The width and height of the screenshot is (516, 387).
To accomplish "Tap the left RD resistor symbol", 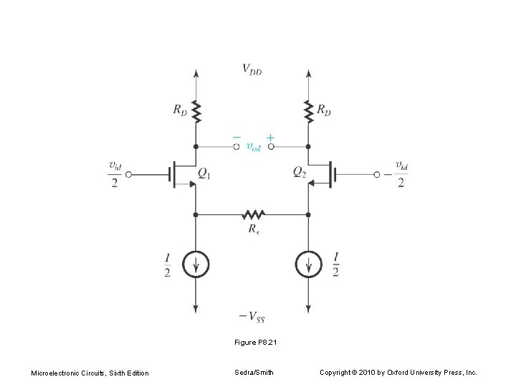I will [x=196, y=111].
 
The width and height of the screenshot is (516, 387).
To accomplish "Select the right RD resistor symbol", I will [x=308, y=111].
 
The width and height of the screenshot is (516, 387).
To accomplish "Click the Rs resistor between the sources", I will [x=252, y=214].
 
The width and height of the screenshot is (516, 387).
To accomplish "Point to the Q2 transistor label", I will [x=300, y=172].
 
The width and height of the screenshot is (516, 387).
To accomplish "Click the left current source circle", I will [x=196, y=265].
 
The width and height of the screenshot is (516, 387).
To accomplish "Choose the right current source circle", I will [x=308, y=265].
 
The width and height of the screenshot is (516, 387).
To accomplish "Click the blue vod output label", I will [x=253, y=147].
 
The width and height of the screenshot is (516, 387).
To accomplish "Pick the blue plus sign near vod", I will [x=270, y=136].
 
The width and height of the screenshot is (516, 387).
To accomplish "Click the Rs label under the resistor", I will [x=253, y=229].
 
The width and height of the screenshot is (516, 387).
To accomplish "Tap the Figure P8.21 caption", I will [x=255, y=343].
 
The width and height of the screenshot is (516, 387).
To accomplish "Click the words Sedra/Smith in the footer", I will [x=254, y=373].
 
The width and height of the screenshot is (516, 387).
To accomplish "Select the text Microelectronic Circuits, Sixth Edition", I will [x=90, y=373].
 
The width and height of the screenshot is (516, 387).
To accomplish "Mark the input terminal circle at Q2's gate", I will [x=376, y=174].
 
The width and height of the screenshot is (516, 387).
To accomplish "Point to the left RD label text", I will [x=181, y=110].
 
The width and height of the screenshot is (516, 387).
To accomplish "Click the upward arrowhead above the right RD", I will [x=308, y=73].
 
